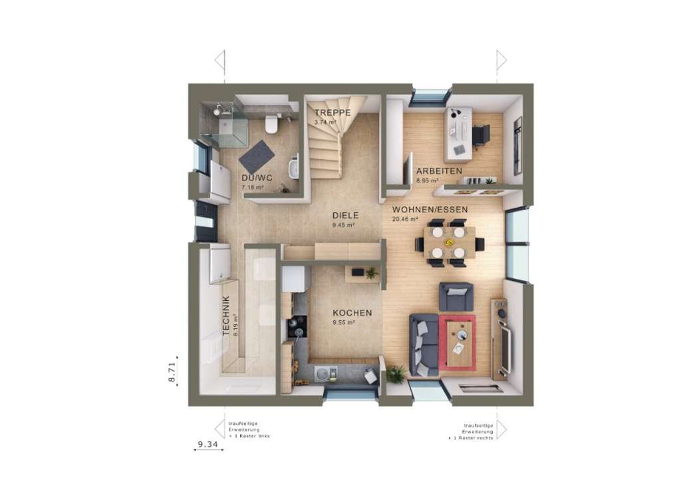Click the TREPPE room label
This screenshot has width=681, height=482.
(333, 113)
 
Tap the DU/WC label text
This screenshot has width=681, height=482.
(257, 178)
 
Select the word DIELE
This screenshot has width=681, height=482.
(346, 216)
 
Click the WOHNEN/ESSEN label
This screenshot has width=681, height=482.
(430, 209)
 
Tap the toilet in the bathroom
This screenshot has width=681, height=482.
(271, 124)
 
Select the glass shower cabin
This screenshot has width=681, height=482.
(224, 124)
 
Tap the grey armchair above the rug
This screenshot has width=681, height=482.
(456, 296)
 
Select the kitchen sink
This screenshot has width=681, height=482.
(322, 373)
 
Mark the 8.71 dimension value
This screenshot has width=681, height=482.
(172, 371)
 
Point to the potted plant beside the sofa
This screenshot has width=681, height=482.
(396, 374)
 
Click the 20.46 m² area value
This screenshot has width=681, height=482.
(405, 218)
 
